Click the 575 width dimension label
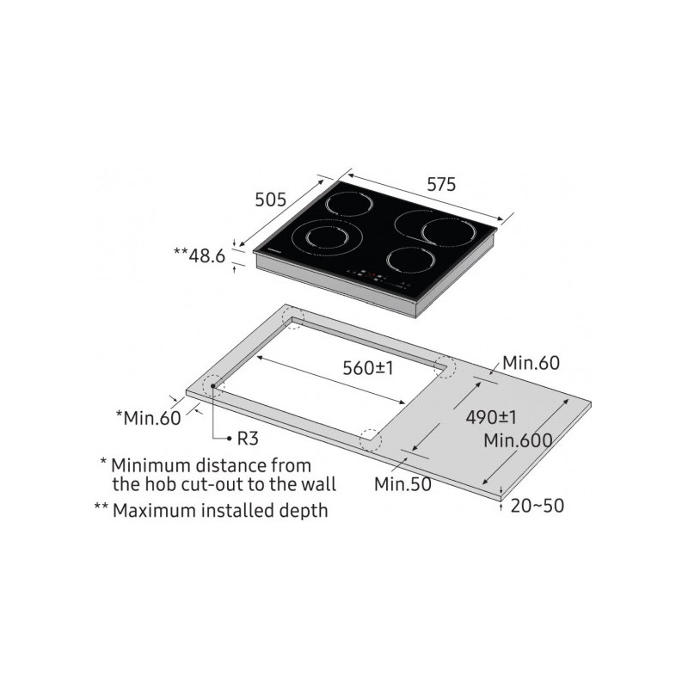(441, 184)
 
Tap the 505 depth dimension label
(270, 200)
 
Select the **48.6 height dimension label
(200, 255)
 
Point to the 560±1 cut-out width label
(368, 368)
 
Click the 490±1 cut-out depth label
(491, 417)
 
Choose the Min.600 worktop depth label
(518, 440)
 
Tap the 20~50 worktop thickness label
(537, 506)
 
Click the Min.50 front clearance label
(402, 484)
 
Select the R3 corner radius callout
(248, 439)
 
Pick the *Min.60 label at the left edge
(148, 418)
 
